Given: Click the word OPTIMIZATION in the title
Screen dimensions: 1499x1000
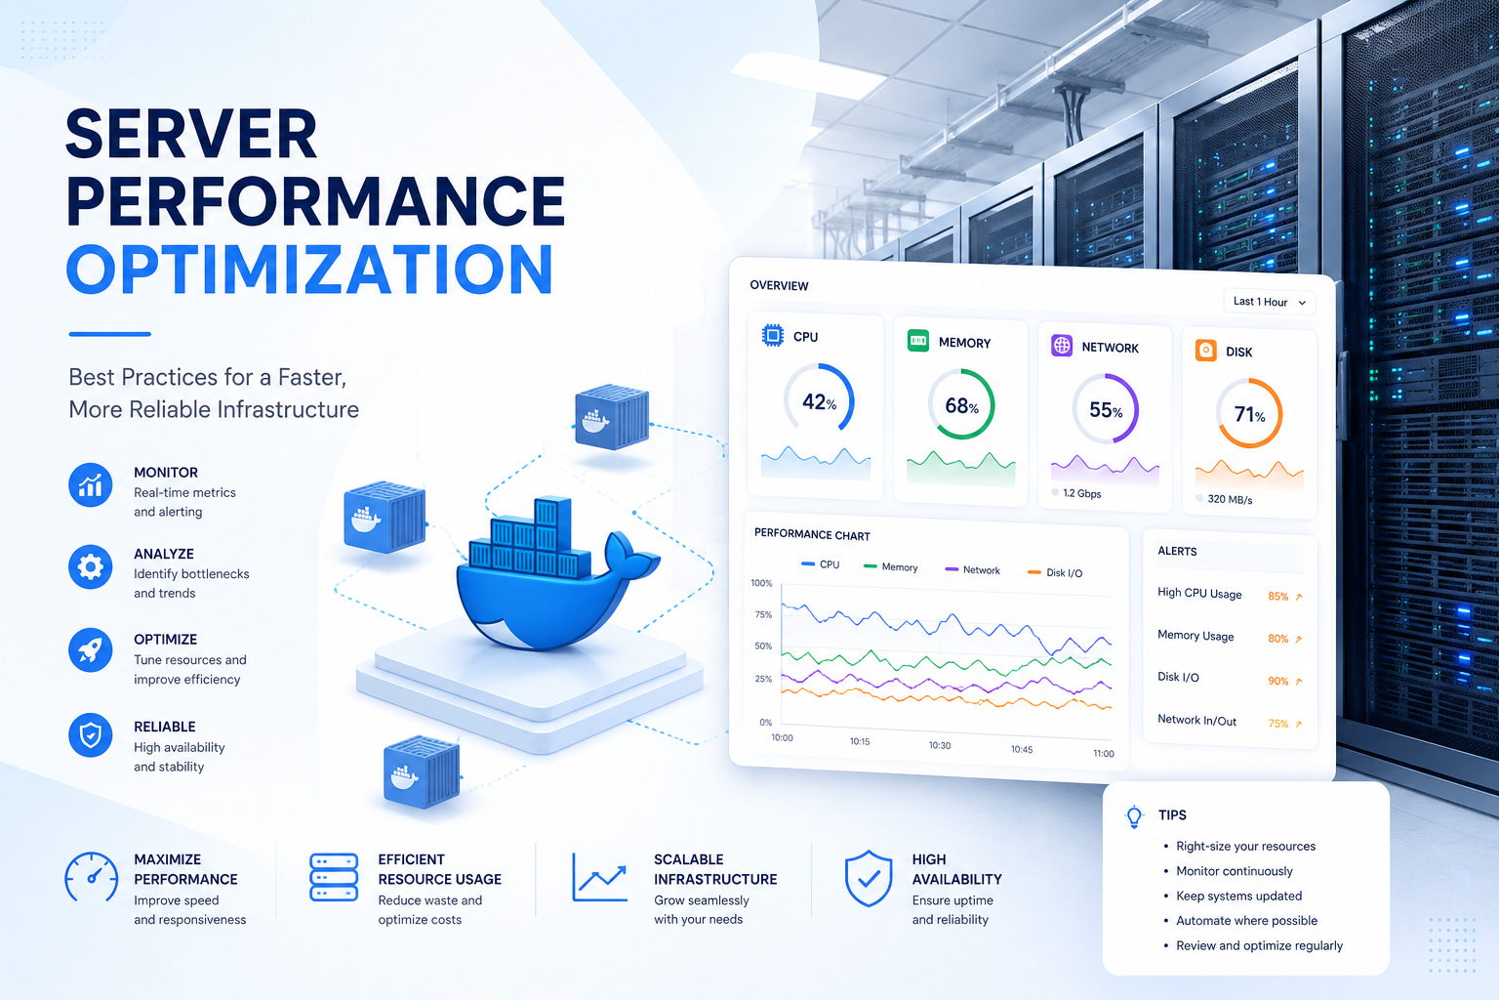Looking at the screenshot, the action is click(309, 270).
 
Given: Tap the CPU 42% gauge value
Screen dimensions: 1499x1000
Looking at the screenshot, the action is click(819, 402).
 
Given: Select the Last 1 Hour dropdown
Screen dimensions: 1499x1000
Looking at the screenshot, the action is click(1270, 302).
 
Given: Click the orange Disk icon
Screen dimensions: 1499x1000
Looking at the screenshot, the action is click(1206, 351).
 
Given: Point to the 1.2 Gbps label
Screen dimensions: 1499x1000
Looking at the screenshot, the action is click(1081, 493).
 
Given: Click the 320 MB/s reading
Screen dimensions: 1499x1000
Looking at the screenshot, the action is click(1230, 500).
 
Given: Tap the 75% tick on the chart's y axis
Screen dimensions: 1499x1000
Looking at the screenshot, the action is click(763, 614).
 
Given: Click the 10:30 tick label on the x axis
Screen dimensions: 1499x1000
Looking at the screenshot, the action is click(940, 745).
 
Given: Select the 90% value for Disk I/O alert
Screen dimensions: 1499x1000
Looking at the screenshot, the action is click(1277, 682).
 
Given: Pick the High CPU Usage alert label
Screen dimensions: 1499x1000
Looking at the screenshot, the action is click(1199, 594).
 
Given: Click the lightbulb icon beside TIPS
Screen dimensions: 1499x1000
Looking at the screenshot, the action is click(1134, 816).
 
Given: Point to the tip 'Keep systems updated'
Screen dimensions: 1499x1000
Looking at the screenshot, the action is click(1238, 896).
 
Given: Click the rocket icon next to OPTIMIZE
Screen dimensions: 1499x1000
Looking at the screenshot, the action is click(91, 649).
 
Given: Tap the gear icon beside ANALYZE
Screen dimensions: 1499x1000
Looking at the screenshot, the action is click(91, 567).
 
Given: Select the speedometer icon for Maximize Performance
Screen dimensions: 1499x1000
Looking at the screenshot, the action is click(91, 877).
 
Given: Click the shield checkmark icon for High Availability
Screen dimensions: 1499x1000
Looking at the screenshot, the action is click(868, 878).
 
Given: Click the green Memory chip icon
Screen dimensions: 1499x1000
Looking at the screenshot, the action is click(917, 340).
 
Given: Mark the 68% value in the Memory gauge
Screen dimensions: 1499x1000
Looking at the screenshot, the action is click(961, 406).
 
